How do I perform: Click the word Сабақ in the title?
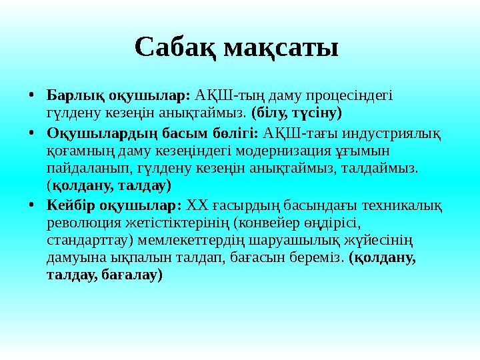[175, 48]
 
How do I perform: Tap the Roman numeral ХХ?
[197, 203]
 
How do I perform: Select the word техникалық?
[405, 203]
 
